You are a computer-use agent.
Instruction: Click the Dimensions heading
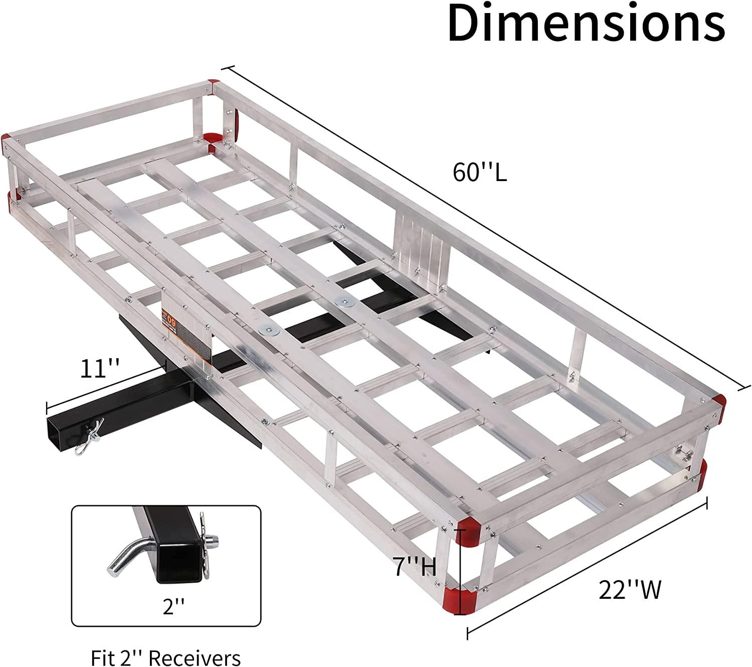point(586,24)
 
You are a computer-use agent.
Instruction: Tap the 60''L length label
point(480,173)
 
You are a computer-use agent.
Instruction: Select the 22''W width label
point(630,590)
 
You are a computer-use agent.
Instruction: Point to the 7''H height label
point(414,567)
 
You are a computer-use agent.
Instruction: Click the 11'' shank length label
point(100,370)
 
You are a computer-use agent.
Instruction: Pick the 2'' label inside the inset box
point(167,608)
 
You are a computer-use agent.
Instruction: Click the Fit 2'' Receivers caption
point(166,657)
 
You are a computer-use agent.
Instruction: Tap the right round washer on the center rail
point(344,302)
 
